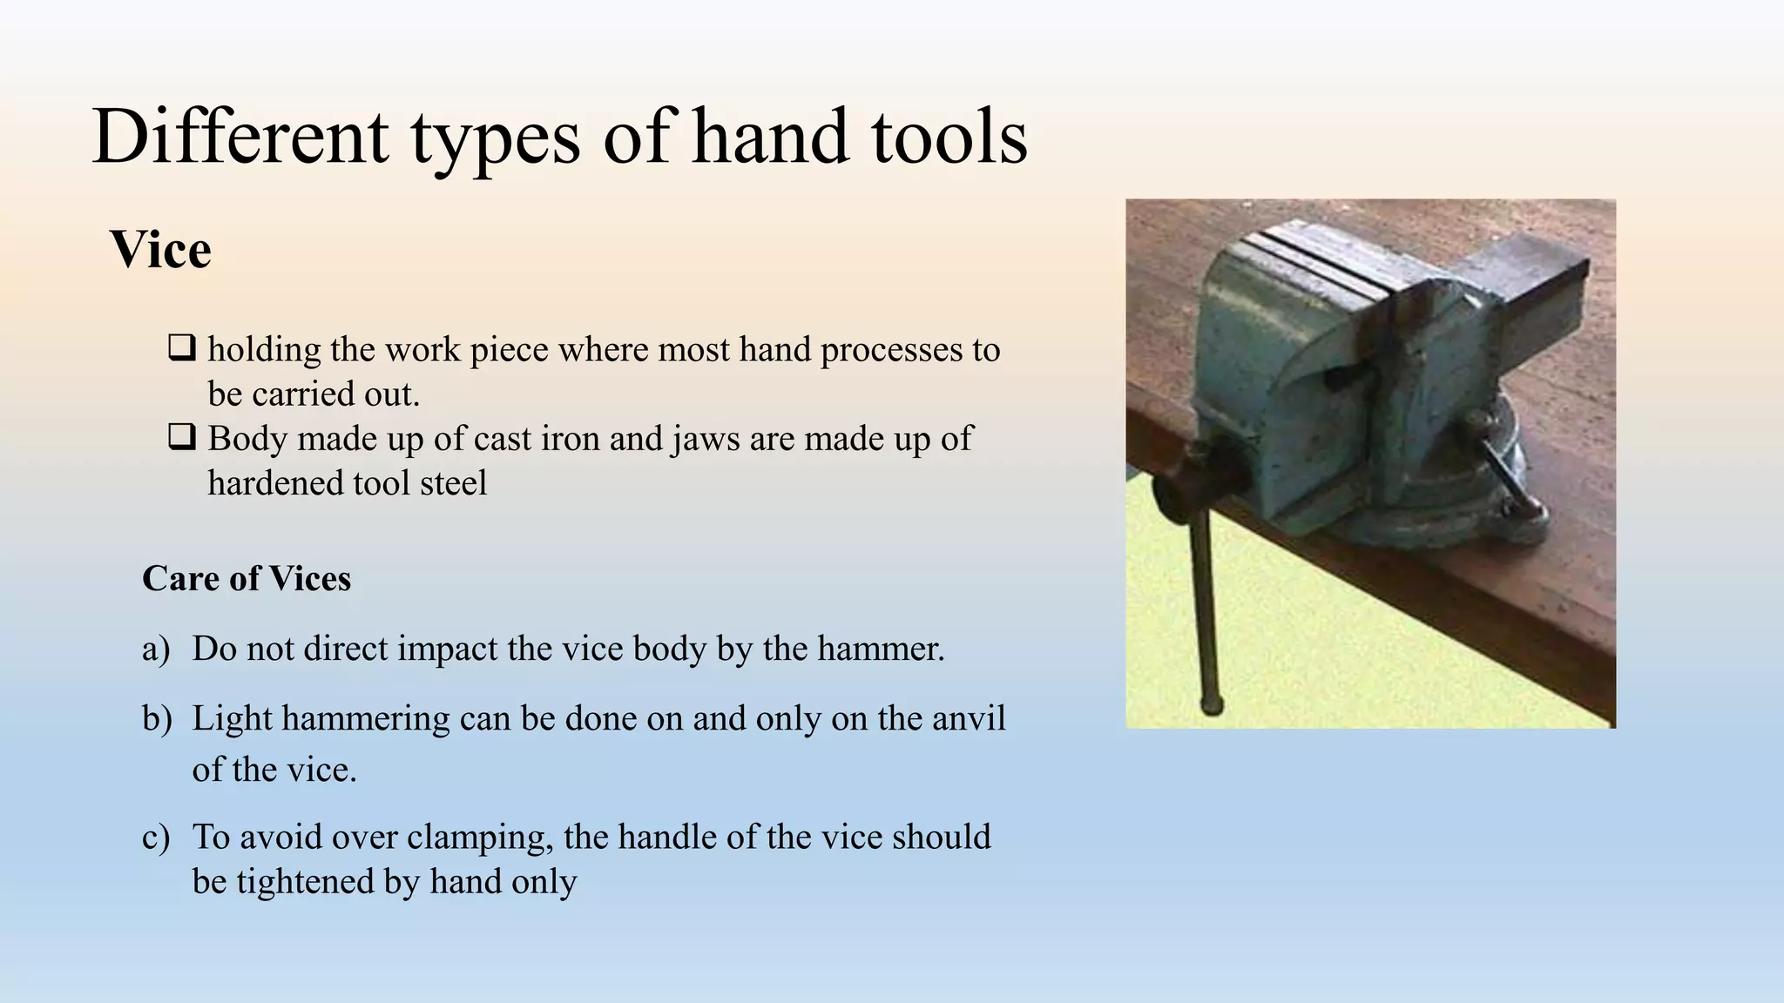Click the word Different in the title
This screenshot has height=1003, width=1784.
point(240,138)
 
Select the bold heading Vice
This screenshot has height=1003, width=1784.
point(161,251)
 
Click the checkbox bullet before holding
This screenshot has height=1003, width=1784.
point(181,348)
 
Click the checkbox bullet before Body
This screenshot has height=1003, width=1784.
point(181,437)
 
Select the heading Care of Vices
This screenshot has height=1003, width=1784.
point(247,578)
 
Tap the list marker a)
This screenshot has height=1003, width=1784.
point(156,649)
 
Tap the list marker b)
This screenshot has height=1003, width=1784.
point(157,719)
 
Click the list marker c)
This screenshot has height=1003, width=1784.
point(156,837)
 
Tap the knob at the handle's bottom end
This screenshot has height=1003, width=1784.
point(1211,704)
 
